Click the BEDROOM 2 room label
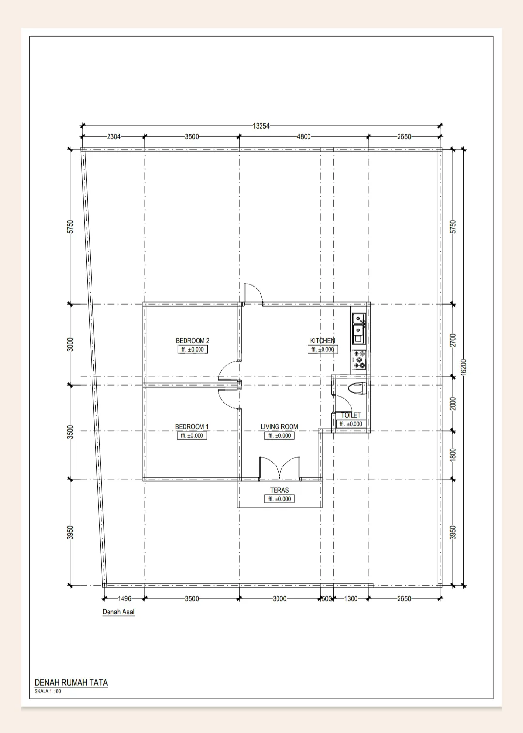(x=192, y=341)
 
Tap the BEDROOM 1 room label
(x=192, y=427)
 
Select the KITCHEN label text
(x=322, y=341)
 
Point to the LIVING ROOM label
(x=279, y=427)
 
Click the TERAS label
(x=279, y=490)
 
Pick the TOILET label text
(x=351, y=415)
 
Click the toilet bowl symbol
(x=356, y=389)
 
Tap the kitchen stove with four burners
(x=359, y=360)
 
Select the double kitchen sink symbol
(x=359, y=329)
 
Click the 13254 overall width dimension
(x=261, y=126)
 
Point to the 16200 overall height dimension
(x=463, y=368)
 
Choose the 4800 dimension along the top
(x=304, y=137)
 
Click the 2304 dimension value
(x=114, y=137)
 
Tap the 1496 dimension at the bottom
(x=124, y=599)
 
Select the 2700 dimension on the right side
(x=453, y=340)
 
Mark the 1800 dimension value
(x=453, y=455)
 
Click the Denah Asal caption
(x=118, y=612)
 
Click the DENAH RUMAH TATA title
(x=71, y=683)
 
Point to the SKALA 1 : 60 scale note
(x=47, y=691)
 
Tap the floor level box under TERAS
(x=279, y=499)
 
